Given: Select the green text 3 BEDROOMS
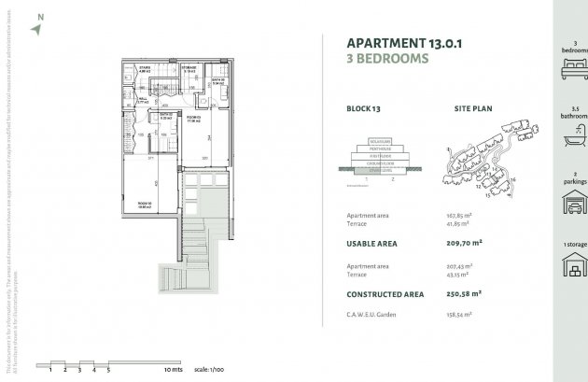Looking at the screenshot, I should pyautogui.click(x=387, y=58).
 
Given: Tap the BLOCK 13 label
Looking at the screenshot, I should pyautogui.click(x=363, y=109).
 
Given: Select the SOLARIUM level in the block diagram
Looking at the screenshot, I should pyautogui.click(x=372, y=141).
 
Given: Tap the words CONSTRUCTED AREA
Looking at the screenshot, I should pyautogui.click(x=385, y=294).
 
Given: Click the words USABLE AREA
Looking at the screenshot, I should pyautogui.click(x=371, y=244).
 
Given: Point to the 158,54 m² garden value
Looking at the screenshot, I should pyautogui.click(x=461, y=315).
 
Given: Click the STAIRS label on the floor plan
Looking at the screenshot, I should pyautogui.click(x=145, y=67).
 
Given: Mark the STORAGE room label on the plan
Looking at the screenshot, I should pyautogui.click(x=189, y=67).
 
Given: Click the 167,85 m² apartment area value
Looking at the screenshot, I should pyautogui.click(x=458, y=216).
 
